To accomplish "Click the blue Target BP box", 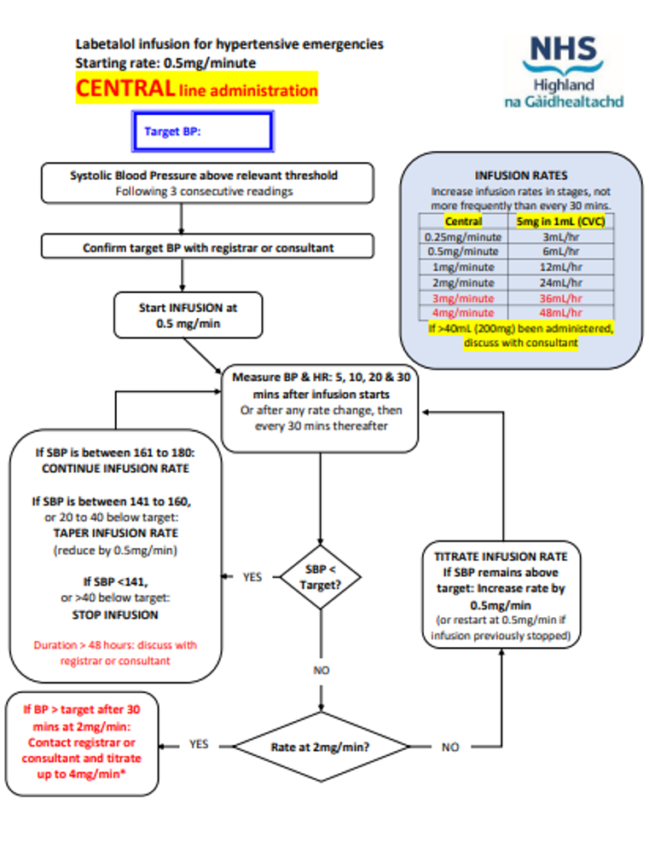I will click(201, 132).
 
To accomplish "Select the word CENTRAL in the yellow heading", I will click(125, 89).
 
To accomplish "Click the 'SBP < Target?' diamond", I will click(320, 577).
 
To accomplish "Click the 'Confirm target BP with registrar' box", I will click(207, 248).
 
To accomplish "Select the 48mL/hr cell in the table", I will click(561, 313).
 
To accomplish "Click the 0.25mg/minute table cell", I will click(463, 237).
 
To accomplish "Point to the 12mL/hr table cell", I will click(561, 268).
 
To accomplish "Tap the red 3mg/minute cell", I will click(463, 298).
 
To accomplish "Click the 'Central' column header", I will click(463, 222).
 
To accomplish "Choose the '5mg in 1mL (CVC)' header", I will click(560, 222).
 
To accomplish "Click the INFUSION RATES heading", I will click(521, 176).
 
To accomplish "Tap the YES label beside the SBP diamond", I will click(252, 577).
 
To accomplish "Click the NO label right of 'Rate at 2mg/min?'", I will click(450, 747).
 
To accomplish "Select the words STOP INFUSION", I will click(116, 615).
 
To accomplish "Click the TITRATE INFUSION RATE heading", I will click(500, 557).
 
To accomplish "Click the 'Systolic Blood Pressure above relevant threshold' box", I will click(204, 183).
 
